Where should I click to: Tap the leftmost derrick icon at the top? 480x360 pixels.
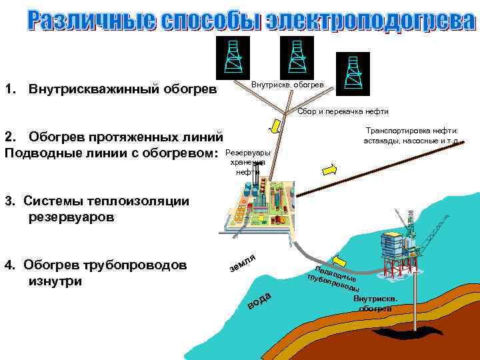[x=233, y=57]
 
